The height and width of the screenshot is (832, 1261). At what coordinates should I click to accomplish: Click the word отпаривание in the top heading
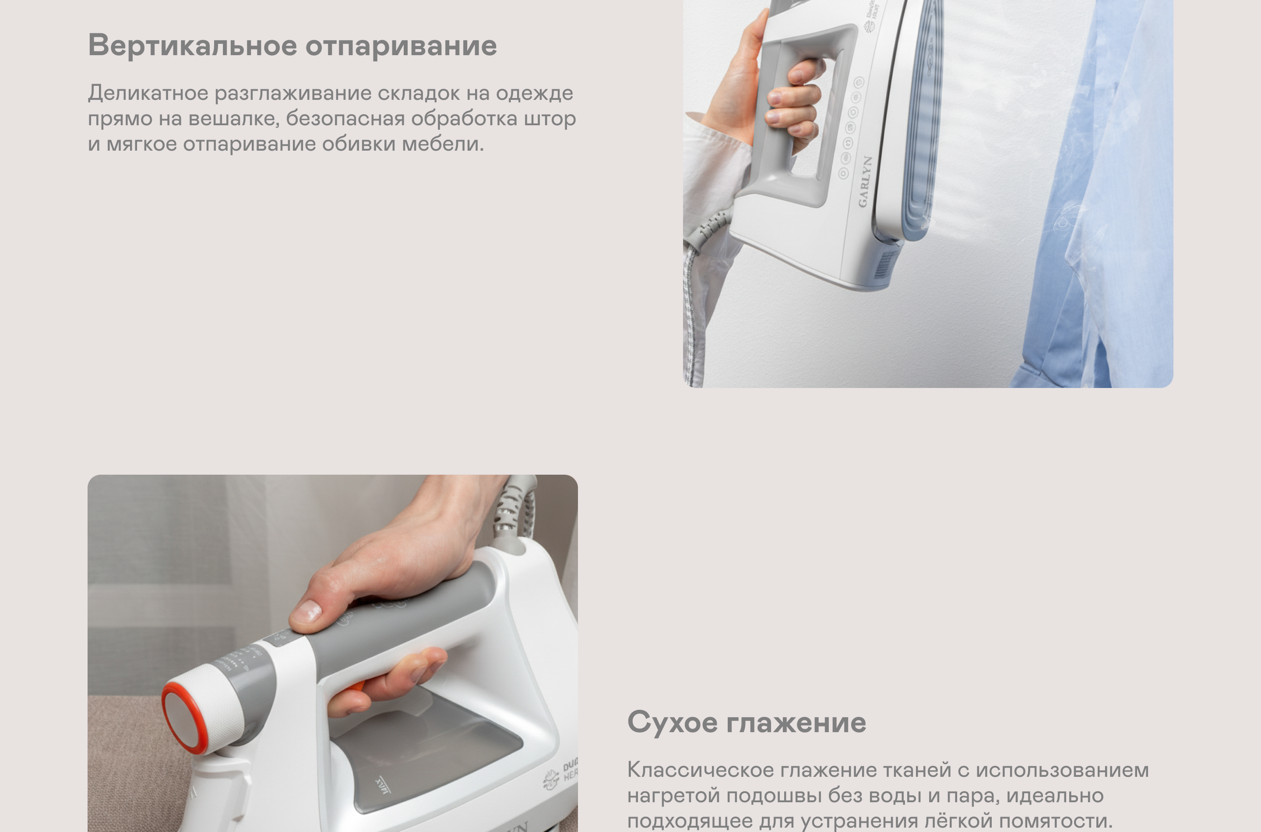click(x=401, y=46)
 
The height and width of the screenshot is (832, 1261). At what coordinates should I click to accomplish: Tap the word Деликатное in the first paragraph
click(x=148, y=93)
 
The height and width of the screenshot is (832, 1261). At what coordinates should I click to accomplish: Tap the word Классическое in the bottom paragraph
click(x=700, y=770)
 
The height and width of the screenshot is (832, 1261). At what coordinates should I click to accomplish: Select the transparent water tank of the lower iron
click(x=424, y=754)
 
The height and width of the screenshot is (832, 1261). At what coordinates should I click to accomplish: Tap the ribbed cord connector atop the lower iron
click(x=509, y=509)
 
